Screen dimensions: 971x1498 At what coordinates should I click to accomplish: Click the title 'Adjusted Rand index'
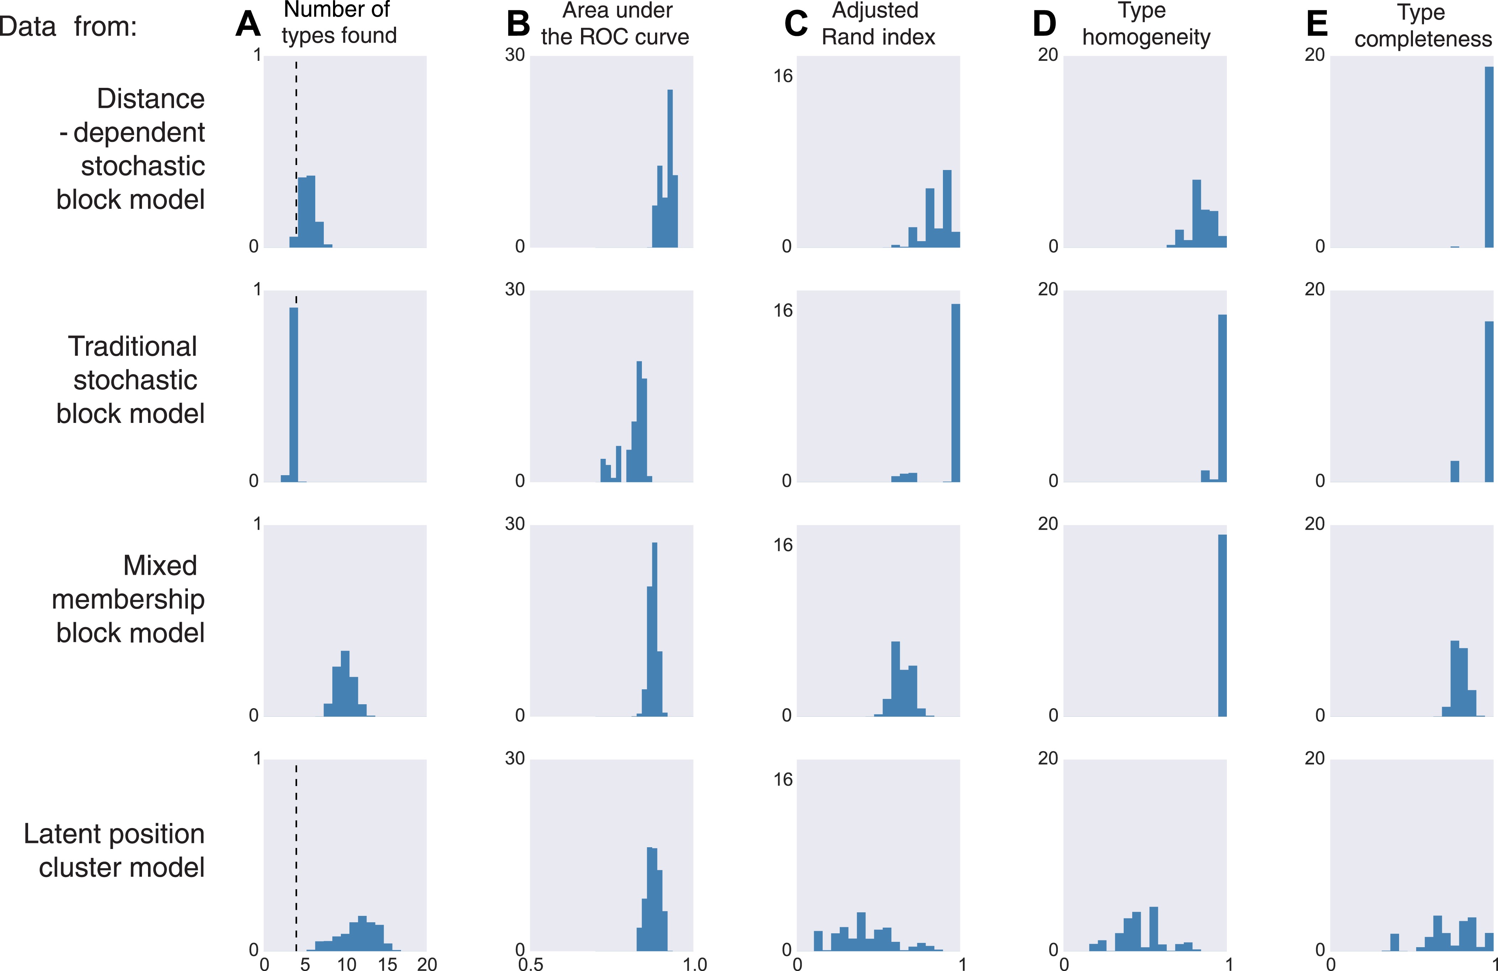(878, 24)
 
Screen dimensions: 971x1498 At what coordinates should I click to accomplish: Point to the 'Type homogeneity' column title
(1145, 24)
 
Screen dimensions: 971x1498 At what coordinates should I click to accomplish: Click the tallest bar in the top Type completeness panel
(1488, 157)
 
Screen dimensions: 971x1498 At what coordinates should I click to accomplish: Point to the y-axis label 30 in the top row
(514, 55)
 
